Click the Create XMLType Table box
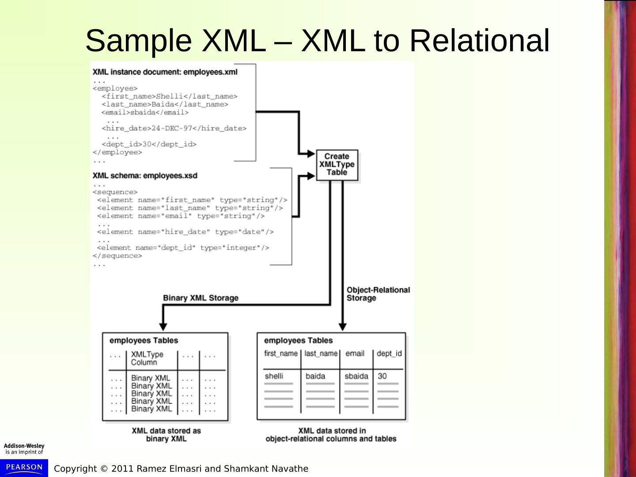pyautogui.click(x=337, y=165)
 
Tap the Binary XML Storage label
pyautogui.click(x=201, y=298)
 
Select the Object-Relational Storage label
pyautogui.click(x=378, y=294)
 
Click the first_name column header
pyautogui.click(x=281, y=353)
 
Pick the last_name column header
pyautogui.click(x=321, y=353)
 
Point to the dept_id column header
pyautogui.click(x=389, y=353)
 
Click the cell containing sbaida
pyautogui.click(x=356, y=376)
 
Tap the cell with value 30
pyautogui.click(x=382, y=376)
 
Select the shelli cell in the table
pyautogui.click(x=274, y=376)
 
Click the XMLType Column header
pyautogui.click(x=147, y=358)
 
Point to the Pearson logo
pyautogui.click(x=24, y=467)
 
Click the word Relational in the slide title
pyautogui.click(x=479, y=41)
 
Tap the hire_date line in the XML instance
pyautogui.click(x=174, y=129)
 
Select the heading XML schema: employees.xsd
pyautogui.click(x=145, y=176)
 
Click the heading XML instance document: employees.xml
pyautogui.click(x=165, y=72)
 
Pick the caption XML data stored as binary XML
pyautogui.click(x=166, y=435)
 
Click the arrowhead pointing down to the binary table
pyautogui.click(x=163, y=326)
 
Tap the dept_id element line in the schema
pyautogui.click(x=183, y=248)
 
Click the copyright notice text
pyautogui.click(x=181, y=469)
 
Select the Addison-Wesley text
pyautogui.click(x=24, y=446)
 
